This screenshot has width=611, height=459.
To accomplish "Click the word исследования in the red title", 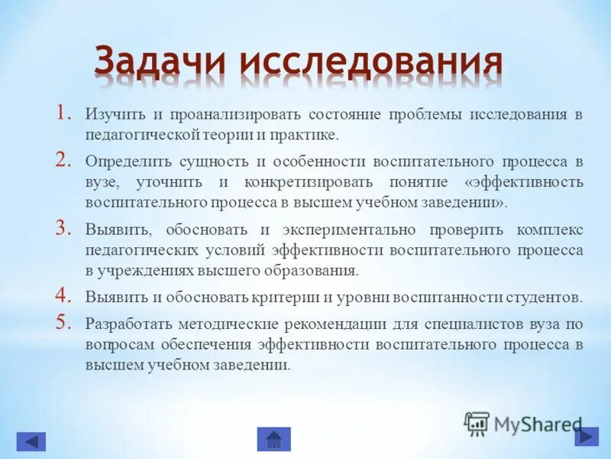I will (370, 62).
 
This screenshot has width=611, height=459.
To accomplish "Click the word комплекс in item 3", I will (552, 229).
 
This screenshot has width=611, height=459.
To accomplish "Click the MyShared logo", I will (523, 423).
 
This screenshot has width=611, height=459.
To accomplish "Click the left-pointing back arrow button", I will (31, 441).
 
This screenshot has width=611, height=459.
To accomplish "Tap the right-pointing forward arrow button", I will (586, 436).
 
